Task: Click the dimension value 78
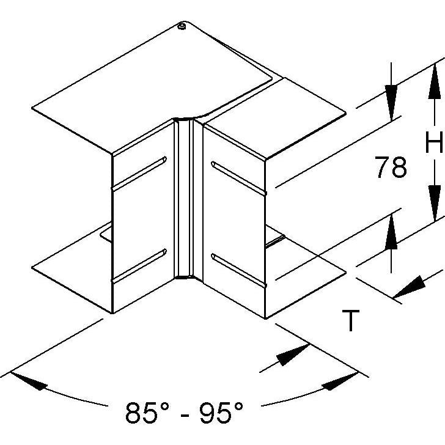[x=391, y=167]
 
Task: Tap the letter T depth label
[x=351, y=321]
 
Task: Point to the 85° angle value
[x=147, y=412]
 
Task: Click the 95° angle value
[x=221, y=412]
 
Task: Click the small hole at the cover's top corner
[x=181, y=27]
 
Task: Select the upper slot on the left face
[x=139, y=174]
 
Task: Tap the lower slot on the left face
[x=139, y=266]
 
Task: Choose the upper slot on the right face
[x=239, y=178]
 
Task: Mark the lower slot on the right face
[x=239, y=271]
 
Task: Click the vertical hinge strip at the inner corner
[x=184, y=198]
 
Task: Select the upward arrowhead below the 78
[x=391, y=232]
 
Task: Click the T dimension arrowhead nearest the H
[x=409, y=287]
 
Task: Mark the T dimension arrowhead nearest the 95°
[x=293, y=355]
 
